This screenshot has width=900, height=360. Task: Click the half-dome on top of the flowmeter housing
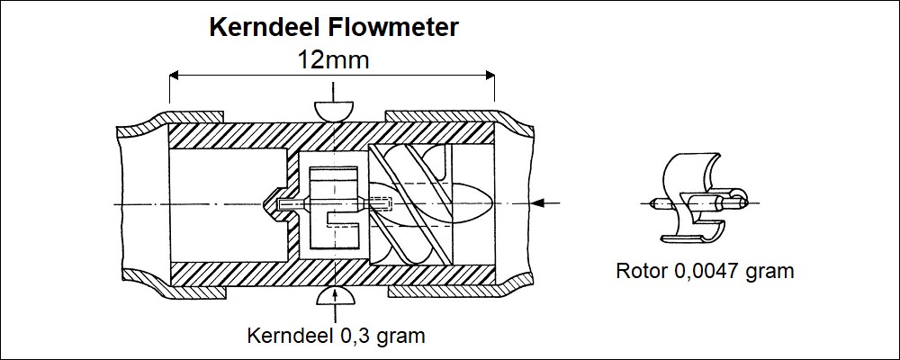pos(333,110)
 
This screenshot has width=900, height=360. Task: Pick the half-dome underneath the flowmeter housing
pos(334,298)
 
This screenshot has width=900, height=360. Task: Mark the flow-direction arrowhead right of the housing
pos(537,203)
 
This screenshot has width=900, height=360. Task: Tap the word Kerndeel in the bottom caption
pos(286,336)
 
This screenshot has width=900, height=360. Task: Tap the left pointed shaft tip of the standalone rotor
pos(653,203)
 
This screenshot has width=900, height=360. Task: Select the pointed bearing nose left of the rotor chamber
pos(270,204)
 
